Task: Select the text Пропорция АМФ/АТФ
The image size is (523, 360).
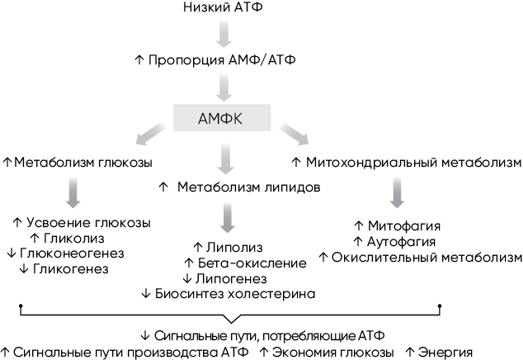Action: [x=228, y=60]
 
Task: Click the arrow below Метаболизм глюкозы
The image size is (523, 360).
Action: [x=73, y=193]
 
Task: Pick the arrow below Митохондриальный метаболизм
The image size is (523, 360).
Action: [x=397, y=192]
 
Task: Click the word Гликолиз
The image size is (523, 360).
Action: [x=68, y=239]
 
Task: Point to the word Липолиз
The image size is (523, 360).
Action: [x=231, y=247]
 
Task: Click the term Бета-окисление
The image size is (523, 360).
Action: [x=247, y=263]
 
